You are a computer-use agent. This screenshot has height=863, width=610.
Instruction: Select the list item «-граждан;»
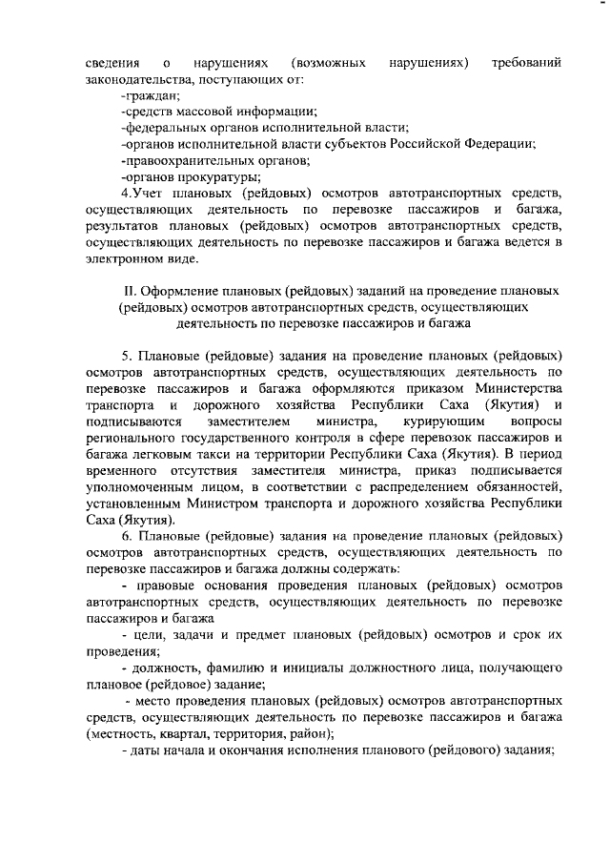[150, 94]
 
